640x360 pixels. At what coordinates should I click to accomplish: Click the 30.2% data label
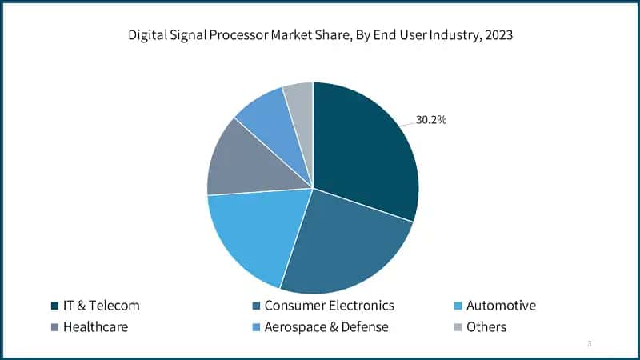point(431,120)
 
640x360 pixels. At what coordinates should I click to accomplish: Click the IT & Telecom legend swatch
point(54,306)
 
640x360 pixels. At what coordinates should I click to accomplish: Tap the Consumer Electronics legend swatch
point(254,306)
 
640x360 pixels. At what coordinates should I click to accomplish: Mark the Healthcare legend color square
point(54,327)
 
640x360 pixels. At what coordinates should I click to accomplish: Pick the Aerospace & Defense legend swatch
point(254,327)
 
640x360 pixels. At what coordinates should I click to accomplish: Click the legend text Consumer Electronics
point(329,306)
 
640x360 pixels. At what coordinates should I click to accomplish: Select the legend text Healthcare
point(95,327)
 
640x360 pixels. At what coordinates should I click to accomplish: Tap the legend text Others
point(486,327)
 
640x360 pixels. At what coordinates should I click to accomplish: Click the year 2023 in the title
point(496,35)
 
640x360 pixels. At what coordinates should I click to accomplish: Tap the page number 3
point(589,343)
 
